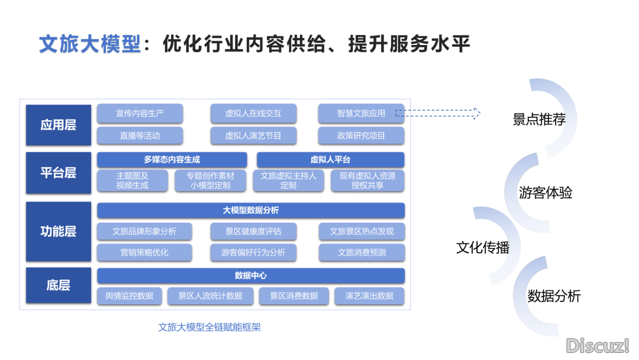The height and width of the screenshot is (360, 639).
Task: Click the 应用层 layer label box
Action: [58, 125]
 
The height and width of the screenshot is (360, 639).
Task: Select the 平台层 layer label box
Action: [58, 172]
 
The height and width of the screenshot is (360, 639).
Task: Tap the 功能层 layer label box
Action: [58, 231]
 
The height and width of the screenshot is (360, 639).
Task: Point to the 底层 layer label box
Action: [58, 285]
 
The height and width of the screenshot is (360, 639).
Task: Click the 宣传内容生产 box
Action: [140, 113]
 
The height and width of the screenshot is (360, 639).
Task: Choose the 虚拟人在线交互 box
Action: [253, 113]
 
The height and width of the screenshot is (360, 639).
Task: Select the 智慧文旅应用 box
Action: [361, 113]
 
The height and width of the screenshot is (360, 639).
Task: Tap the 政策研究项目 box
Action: [361, 136]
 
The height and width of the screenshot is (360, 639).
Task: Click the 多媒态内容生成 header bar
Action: [172, 159]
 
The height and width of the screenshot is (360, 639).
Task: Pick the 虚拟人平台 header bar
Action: [330, 159]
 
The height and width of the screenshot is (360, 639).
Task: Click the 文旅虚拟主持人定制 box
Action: [288, 181]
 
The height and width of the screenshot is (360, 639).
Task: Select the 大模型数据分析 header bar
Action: [251, 210]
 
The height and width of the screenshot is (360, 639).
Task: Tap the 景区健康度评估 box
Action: [253, 231]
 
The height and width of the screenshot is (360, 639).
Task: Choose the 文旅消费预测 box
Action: [362, 252]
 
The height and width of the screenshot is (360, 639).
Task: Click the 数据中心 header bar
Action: [251, 275]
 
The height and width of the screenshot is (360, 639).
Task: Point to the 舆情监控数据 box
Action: [129, 295]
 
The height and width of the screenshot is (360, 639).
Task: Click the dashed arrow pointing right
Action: [438, 113]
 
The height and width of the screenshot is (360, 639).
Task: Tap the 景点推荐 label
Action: [539, 120]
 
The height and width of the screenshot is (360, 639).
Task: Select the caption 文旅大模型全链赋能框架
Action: [209, 327]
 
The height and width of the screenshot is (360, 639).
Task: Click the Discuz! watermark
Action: [598, 346]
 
